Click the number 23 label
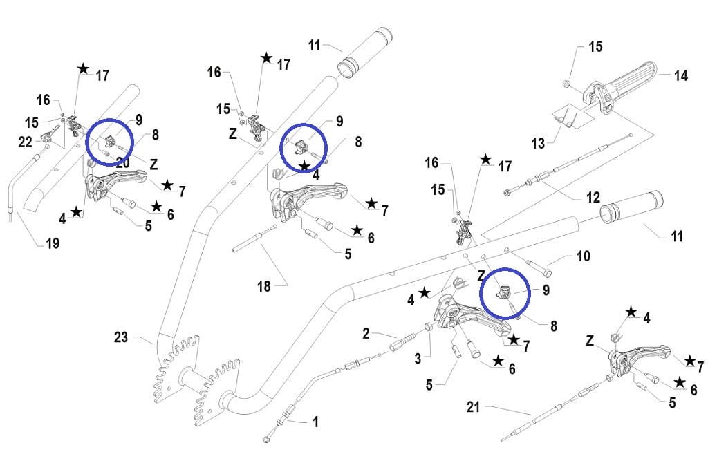(122, 337)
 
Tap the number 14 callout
(680, 75)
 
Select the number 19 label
(53, 243)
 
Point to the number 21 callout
(473, 408)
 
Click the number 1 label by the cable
(315, 421)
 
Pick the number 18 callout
(263, 286)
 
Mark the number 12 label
(593, 198)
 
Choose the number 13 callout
(538, 143)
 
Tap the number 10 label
(583, 257)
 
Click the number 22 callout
(25, 142)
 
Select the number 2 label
(366, 334)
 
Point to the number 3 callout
(417, 359)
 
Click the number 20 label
(123, 162)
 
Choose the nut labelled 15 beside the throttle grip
(566, 85)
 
